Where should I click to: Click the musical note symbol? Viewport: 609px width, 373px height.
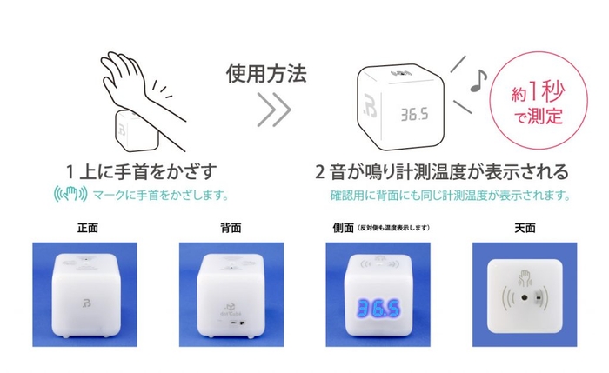tap(476, 81)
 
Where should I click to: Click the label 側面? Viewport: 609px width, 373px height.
tap(345, 228)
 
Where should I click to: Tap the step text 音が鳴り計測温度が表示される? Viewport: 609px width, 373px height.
tap(449, 170)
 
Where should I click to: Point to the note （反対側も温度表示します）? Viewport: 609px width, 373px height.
tap(395, 229)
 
